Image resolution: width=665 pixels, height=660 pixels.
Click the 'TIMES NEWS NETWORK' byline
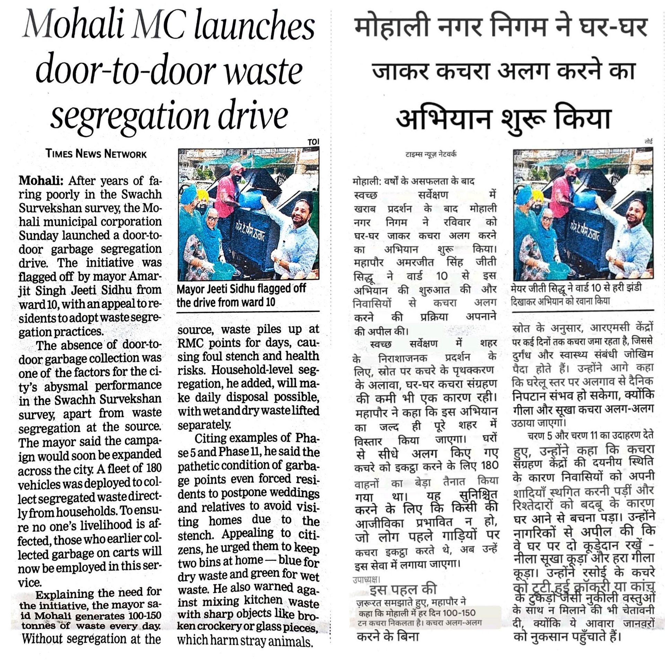pyautogui.click(x=96, y=154)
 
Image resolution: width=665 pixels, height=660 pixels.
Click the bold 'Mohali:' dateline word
pyautogui.click(x=41, y=181)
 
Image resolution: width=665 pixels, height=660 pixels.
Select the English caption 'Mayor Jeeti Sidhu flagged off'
pyautogui.click(x=241, y=288)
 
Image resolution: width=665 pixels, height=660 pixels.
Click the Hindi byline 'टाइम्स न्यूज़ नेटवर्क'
pyautogui.click(x=431, y=154)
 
